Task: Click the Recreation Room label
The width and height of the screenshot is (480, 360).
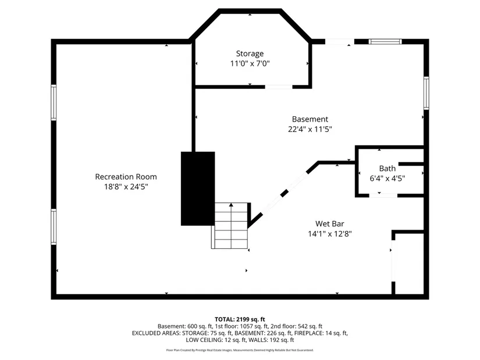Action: click(126, 177)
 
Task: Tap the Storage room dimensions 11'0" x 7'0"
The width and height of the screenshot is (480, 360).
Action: click(250, 63)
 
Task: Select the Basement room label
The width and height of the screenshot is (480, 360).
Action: click(310, 119)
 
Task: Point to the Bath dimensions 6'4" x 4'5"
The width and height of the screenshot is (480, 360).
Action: click(387, 178)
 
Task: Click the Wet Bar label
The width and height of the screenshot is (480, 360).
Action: click(330, 224)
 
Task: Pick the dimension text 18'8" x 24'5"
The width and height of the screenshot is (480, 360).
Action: click(126, 187)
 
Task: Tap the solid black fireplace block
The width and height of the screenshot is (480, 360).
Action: click(198, 188)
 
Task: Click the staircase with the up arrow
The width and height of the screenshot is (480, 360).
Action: click(231, 226)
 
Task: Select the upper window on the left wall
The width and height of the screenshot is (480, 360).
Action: click(54, 102)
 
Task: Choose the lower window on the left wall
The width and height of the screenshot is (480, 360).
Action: click(54, 227)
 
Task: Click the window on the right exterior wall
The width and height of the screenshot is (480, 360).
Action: click(426, 93)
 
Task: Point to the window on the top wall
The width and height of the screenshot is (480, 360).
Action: click(385, 42)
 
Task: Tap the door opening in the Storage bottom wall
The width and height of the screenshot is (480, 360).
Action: click(279, 87)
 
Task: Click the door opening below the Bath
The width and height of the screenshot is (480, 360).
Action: click(383, 195)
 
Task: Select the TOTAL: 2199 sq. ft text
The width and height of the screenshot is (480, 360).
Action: click(240, 319)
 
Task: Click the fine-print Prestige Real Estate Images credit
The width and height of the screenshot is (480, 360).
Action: click(240, 350)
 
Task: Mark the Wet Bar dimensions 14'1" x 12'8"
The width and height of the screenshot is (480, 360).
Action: click(330, 234)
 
